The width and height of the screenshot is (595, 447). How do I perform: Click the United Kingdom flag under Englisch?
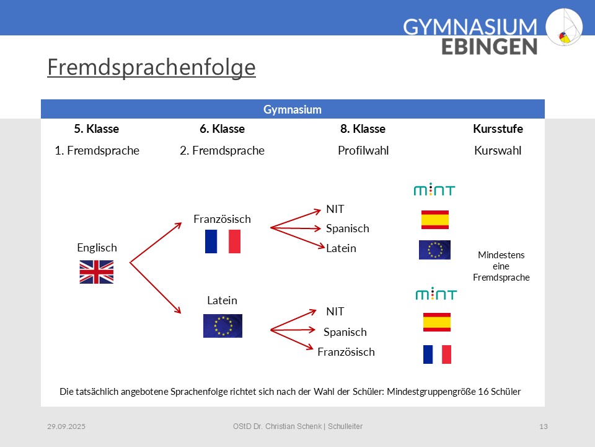coord(97,272)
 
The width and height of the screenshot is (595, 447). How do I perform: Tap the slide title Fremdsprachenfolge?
coord(151,67)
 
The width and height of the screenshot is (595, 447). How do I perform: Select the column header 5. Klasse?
coord(97,129)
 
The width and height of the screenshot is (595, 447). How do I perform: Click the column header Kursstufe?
coord(498,129)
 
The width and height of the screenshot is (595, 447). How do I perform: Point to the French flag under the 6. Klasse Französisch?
coord(223,242)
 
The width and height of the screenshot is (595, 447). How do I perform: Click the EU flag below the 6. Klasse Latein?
coord(223,326)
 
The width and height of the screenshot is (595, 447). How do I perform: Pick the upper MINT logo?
coord(434,189)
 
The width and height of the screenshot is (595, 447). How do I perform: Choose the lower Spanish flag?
coord(437,322)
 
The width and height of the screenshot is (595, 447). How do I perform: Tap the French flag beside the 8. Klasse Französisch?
coord(437,354)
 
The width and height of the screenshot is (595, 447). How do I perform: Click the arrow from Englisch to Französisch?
coord(156,243)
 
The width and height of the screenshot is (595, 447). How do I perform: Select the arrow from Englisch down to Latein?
coord(155,287)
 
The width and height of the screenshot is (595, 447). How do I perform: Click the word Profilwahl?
coord(363,150)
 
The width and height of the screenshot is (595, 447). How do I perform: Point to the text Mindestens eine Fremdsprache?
coord(501,266)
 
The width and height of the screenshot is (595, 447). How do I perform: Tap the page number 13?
coord(544,427)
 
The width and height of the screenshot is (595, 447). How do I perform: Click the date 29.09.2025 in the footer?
coord(66,427)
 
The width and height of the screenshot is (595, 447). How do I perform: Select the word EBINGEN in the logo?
coord(489,47)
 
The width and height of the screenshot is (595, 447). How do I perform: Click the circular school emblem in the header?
coord(564,27)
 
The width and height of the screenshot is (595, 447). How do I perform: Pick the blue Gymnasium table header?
coord(293,109)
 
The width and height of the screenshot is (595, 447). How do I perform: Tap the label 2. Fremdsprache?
coord(222,150)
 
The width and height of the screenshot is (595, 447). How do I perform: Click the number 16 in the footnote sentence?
coord(483,392)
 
